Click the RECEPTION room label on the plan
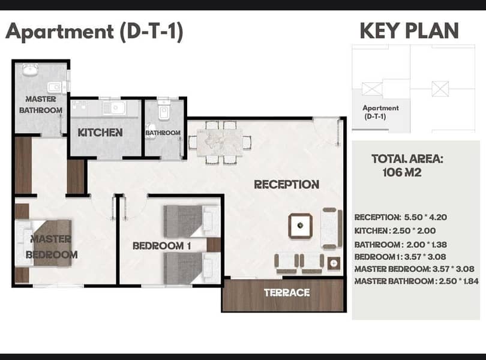[x=286, y=184]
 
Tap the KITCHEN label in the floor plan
[x=100, y=133]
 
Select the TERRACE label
[x=287, y=293]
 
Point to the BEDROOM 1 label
[x=161, y=246]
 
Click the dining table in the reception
[x=220, y=142]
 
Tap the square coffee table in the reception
[x=300, y=226]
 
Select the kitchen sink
[x=114, y=108]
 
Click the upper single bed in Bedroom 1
[x=192, y=221]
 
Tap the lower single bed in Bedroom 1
[x=192, y=268]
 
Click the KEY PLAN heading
[x=409, y=31]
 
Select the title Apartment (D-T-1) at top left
[x=95, y=32]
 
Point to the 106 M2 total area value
[x=402, y=172]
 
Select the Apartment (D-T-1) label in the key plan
[x=380, y=112]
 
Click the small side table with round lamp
[x=334, y=263]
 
